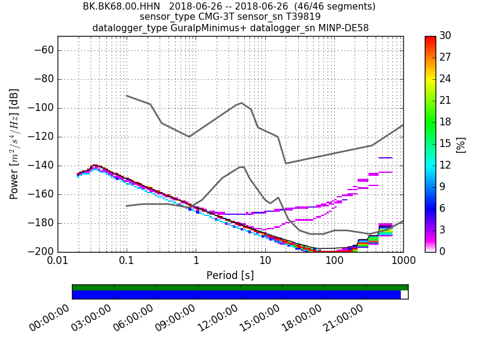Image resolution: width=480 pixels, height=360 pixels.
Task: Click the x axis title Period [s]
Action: (x=230, y=275)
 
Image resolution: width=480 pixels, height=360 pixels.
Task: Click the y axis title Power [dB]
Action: (x=14, y=144)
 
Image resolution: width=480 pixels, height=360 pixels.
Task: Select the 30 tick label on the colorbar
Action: (x=445, y=36)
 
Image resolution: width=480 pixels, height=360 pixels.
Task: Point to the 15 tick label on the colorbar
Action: (x=445, y=144)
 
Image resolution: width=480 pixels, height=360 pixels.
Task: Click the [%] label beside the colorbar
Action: (x=461, y=144)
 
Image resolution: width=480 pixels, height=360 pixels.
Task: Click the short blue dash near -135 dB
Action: (x=385, y=158)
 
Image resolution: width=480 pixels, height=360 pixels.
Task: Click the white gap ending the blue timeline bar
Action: (x=404, y=295)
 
